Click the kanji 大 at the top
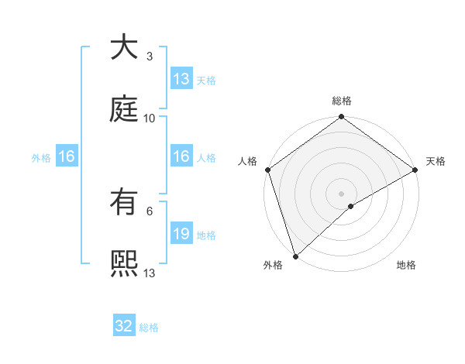125,48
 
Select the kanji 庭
125,110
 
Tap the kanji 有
125,203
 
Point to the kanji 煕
125,265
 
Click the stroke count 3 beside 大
149,56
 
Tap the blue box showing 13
181,79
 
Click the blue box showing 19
181,234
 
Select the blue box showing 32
124,327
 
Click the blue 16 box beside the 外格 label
67,157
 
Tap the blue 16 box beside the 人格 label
181,156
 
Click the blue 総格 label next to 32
149,328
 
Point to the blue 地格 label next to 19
206,235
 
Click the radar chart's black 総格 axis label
342,101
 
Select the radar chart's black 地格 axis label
406,265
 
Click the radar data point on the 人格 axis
267,170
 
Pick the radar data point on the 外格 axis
295,256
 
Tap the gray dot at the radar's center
341,193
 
